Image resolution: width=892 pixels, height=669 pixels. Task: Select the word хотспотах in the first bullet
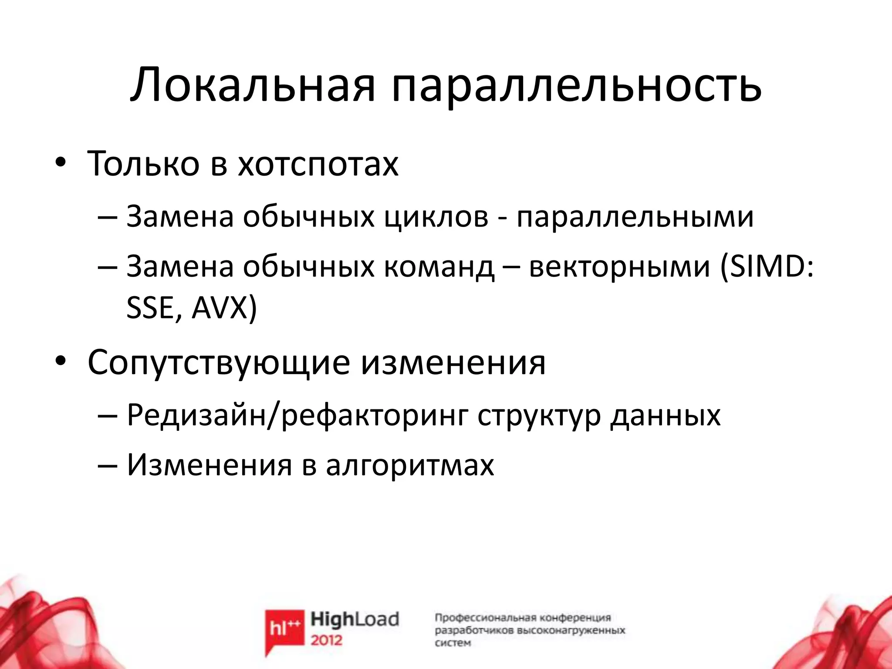pos(318,164)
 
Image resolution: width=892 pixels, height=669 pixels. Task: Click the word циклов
pos(436,216)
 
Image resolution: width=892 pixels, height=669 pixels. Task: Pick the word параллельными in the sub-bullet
pos(635,216)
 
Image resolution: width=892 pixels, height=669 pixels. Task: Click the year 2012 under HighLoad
pos(327,640)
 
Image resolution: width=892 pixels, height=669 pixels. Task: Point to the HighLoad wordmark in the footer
pos(355,619)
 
